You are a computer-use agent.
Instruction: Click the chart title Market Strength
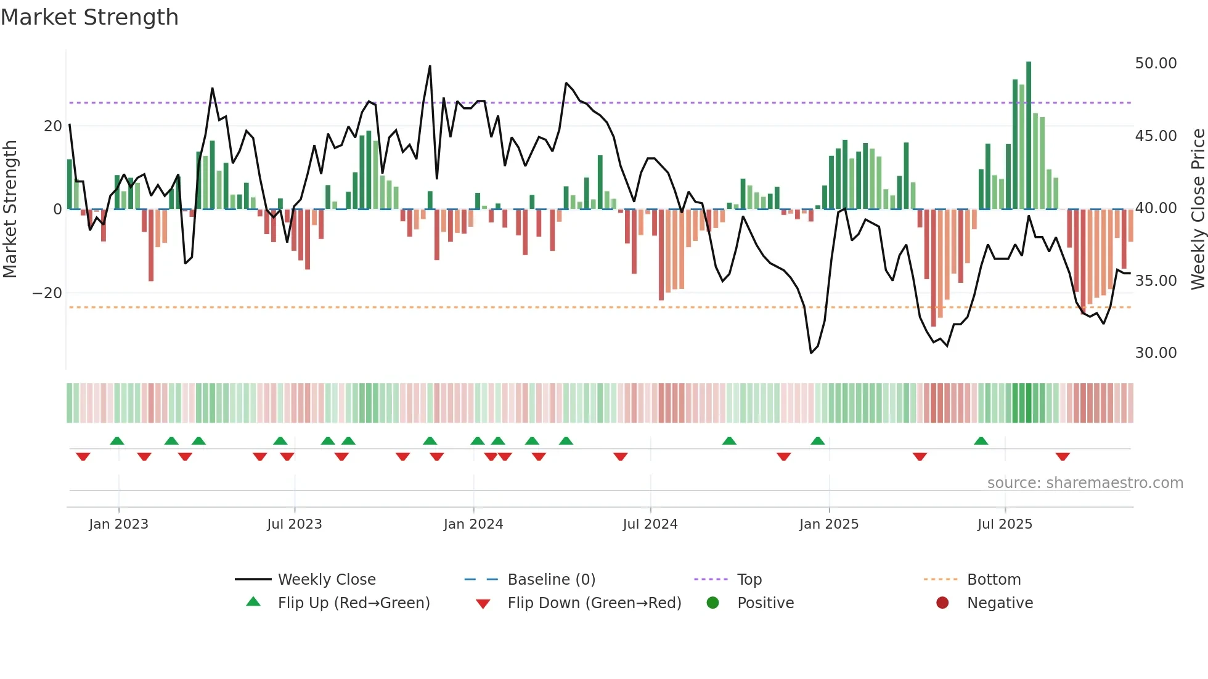click(89, 17)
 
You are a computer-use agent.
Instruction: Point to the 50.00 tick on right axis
click(1156, 63)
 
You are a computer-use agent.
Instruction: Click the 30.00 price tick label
click(1156, 353)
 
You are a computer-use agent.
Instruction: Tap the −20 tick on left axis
click(47, 293)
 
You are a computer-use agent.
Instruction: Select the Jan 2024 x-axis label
click(473, 524)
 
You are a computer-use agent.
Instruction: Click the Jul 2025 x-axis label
click(1005, 524)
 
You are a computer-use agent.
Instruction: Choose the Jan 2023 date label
click(118, 524)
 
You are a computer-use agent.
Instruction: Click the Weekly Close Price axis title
click(1198, 209)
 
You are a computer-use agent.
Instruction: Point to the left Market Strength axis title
click(10, 209)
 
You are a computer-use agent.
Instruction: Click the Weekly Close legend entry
click(326, 580)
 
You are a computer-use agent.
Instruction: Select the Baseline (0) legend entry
click(551, 580)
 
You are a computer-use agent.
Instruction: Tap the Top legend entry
click(749, 580)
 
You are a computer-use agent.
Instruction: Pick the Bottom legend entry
click(994, 580)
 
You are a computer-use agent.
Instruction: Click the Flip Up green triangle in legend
click(253, 602)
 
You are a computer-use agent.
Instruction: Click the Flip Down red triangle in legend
click(483, 604)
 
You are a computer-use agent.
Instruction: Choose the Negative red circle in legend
click(942, 603)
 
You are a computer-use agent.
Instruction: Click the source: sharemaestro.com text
click(1085, 483)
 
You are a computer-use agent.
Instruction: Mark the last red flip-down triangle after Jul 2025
click(1063, 457)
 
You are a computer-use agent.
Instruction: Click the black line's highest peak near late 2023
click(430, 67)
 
